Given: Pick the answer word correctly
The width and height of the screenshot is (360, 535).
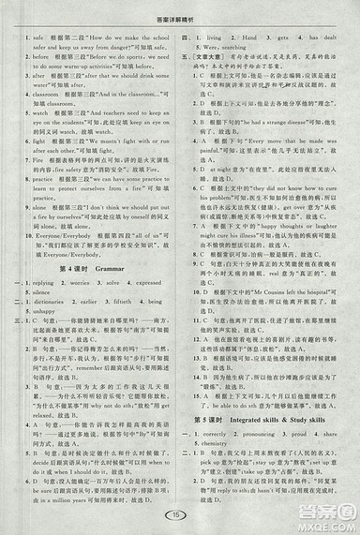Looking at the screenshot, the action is tap(221, 436).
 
